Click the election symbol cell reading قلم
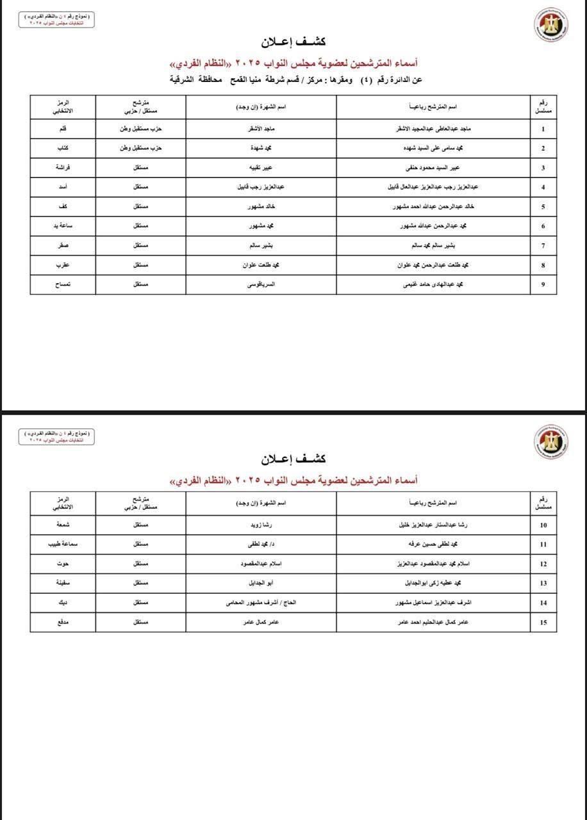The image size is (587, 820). pyautogui.click(x=63, y=129)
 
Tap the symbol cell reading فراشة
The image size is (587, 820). pyautogui.click(x=63, y=168)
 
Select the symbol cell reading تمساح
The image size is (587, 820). pyautogui.click(x=63, y=284)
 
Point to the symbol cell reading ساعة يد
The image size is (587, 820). pyautogui.click(x=63, y=226)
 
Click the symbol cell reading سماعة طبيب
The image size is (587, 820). pyautogui.click(x=63, y=545)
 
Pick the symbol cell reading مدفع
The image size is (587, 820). pyautogui.click(x=63, y=621)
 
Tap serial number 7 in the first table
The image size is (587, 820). pyautogui.click(x=543, y=245)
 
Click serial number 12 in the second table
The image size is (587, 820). pyautogui.click(x=543, y=564)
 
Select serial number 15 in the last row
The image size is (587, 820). pyautogui.click(x=543, y=621)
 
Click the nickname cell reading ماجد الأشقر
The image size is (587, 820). pyautogui.click(x=261, y=129)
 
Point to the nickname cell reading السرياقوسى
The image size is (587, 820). pyautogui.click(x=261, y=284)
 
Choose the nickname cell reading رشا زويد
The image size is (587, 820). pyautogui.click(x=261, y=525)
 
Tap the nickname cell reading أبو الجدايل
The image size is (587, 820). pyautogui.click(x=261, y=583)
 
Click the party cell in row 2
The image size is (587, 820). pyautogui.click(x=141, y=148)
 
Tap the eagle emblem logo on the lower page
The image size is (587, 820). pyautogui.click(x=550, y=441)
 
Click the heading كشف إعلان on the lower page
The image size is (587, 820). pyautogui.click(x=293, y=459)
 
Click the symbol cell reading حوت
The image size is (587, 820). pyautogui.click(x=63, y=564)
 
